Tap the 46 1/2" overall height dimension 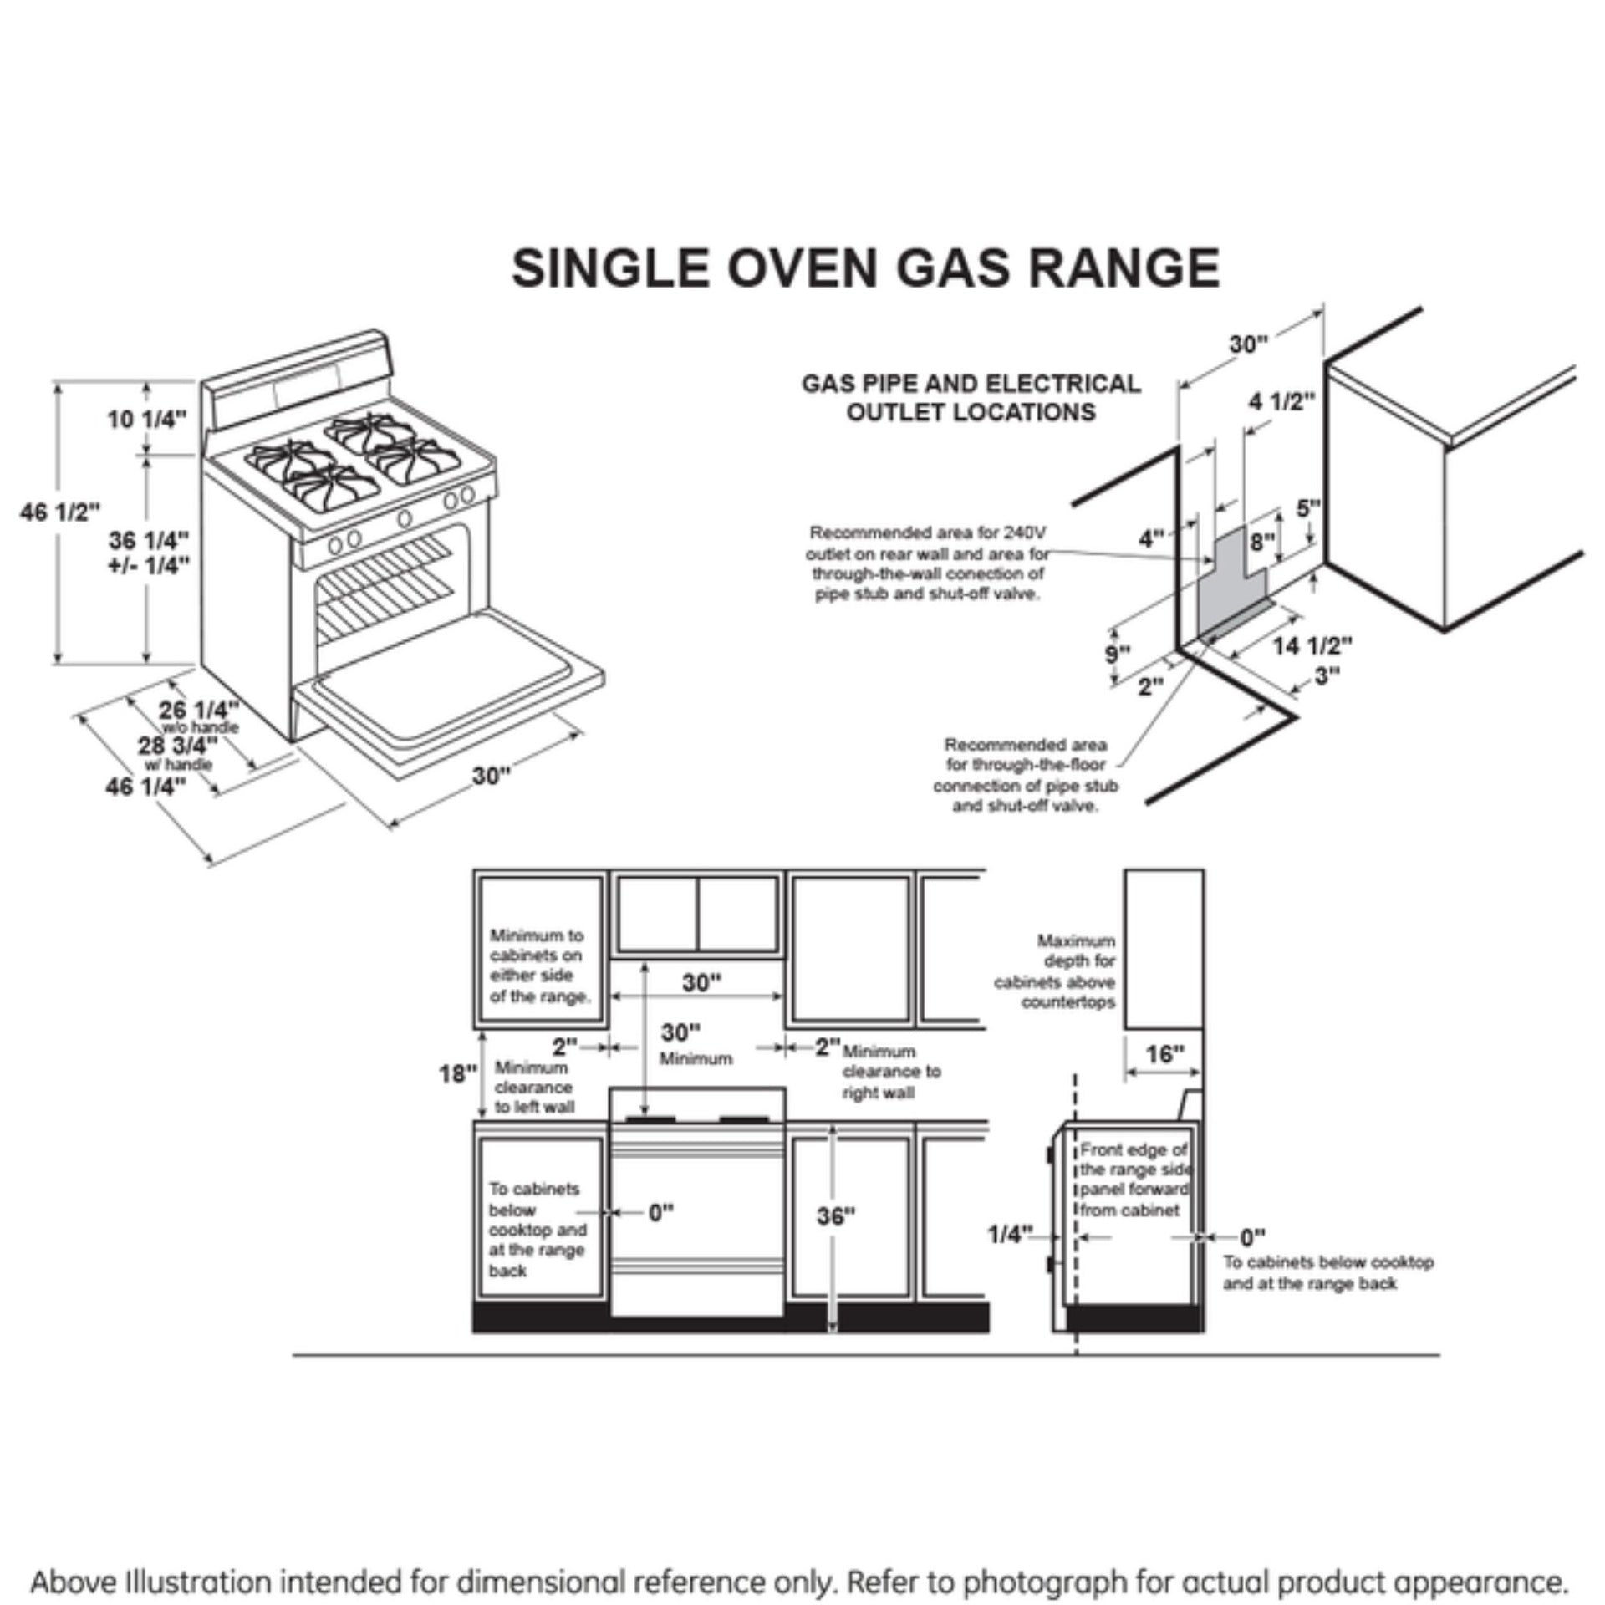coord(60,512)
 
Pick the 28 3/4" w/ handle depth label coord(178,746)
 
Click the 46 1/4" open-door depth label coord(145,787)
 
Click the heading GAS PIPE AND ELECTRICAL coord(971,384)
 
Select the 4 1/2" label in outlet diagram coord(1281,402)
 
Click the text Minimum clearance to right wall coord(891,1072)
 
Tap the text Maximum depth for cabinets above coord(1055,971)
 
